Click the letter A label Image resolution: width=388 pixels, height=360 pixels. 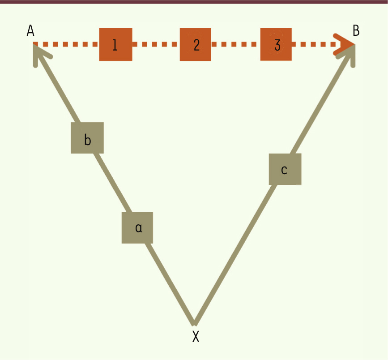[x=30, y=31]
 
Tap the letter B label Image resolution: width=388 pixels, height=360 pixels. [x=356, y=31]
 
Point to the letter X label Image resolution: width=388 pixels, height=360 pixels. [x=196, y=336]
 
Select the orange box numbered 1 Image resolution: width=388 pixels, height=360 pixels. [x=116, y=44]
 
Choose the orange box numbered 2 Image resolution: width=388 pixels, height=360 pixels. [x=196, y=44]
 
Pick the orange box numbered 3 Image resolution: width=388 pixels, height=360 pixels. [x=276, y=44]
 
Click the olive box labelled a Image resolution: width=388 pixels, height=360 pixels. [x=137, y=228]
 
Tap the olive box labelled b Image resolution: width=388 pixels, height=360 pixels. [x=87, y=137]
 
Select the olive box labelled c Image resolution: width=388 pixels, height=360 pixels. [x=285, y=169]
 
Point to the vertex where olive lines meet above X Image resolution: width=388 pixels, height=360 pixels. [x=195, y=323]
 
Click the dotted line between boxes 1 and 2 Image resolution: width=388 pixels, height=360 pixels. [x=156, y=44]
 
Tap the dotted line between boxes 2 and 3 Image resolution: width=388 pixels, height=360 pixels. [x=236, y=44]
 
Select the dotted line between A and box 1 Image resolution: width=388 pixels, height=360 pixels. [x=66, y=44]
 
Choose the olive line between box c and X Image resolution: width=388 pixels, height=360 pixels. [x=235, y=254]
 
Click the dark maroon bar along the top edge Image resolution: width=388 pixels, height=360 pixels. [x=194, y=2]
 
